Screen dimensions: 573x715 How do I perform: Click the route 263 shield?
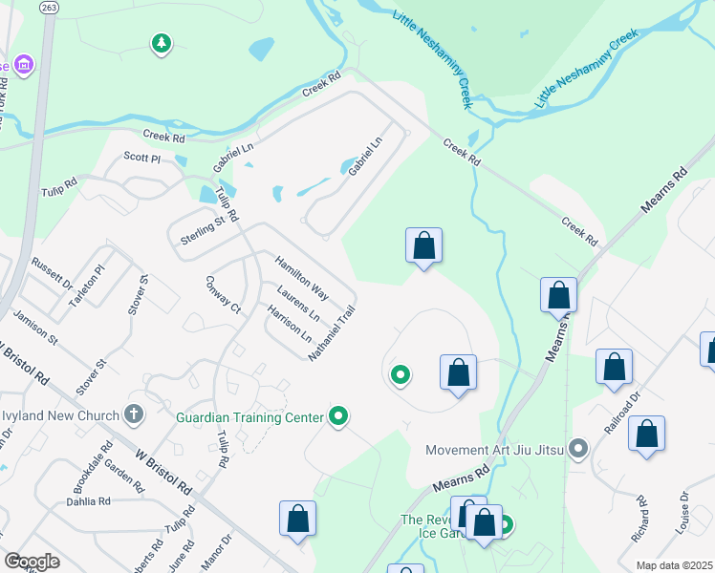point(50,7)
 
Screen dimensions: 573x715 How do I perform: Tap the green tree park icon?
point(162,43)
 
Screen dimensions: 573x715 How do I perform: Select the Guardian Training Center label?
point(250,417)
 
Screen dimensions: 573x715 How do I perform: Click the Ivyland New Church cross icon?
point(134,415)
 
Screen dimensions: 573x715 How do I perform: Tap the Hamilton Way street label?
point(301,278)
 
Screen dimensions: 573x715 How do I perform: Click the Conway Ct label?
point(223,295)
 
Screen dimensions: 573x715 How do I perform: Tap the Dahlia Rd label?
point(88,501)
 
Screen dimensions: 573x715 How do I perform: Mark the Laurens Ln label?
point(297,302)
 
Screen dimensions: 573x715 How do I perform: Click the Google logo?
point(31,562)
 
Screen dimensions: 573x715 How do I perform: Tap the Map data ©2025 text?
point(673,565)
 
